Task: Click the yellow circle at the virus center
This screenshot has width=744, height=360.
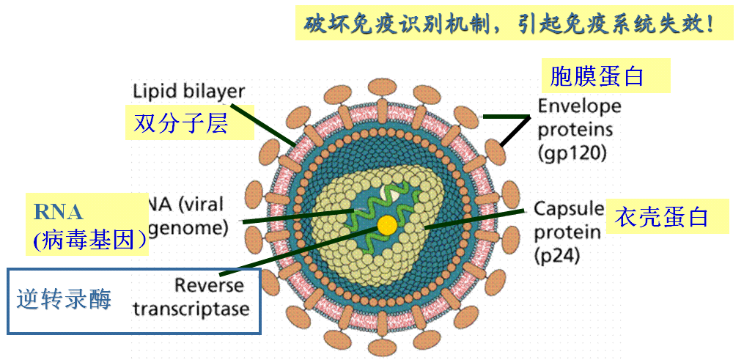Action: click(x=386, y=224)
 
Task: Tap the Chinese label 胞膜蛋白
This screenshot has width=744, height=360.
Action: click(x=596, y=76)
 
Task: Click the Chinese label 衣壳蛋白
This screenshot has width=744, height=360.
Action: click(x=663, y=217)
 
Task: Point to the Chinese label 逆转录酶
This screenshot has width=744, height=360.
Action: click(x=65, y=299)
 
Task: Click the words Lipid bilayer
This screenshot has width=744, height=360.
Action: click(x=188, y=91)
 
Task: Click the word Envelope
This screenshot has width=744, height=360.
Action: click(x=579, y=106)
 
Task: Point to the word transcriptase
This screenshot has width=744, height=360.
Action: click(x=191, y=308)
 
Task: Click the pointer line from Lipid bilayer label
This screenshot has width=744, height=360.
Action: click(x=276, y=128)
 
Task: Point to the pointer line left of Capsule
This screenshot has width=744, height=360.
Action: click(x=476, y=218)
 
